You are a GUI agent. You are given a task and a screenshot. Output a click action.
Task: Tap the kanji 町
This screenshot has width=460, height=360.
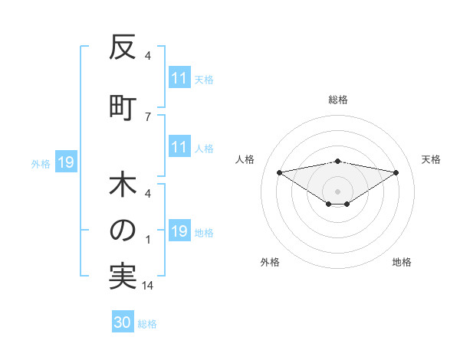point(122,106)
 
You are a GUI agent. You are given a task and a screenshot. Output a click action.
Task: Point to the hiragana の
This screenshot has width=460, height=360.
point(122,230)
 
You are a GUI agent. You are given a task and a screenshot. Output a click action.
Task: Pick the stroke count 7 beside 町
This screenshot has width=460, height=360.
point(147,116)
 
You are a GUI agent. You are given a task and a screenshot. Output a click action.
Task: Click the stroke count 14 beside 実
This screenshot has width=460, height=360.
point(149,286)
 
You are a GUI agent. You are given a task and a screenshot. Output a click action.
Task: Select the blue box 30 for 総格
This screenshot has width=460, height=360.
point(123,322)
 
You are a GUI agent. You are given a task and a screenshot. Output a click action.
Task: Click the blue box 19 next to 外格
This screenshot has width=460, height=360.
point(65,162)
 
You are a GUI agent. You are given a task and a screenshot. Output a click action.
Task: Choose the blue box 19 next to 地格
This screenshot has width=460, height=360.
point(179,232)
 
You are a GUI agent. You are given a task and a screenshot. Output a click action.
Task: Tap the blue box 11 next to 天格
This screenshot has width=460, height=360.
point(179,78)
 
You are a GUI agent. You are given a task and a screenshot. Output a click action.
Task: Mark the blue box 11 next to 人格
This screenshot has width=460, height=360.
point(179,148)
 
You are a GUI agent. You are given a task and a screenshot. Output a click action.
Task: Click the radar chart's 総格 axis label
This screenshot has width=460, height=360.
point(338,100)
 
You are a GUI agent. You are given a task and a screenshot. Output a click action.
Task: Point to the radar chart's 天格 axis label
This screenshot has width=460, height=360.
point(432,159)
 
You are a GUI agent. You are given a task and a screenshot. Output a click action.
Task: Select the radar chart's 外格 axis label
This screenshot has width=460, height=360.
point(270,262)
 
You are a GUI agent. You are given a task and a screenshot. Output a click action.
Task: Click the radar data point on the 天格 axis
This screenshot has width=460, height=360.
point(396,172)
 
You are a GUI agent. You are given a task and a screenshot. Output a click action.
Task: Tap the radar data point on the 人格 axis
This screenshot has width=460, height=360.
point(279,172)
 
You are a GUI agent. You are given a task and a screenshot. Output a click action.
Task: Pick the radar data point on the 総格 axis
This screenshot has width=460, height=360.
point(337,161)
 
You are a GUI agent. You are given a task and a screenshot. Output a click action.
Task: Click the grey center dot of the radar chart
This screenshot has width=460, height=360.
point(337,191)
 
